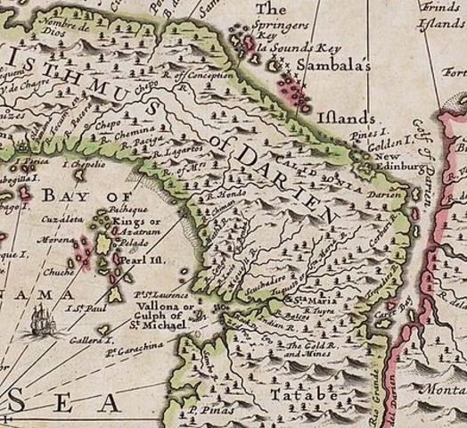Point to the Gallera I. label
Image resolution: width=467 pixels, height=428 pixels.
click(94, 342)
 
